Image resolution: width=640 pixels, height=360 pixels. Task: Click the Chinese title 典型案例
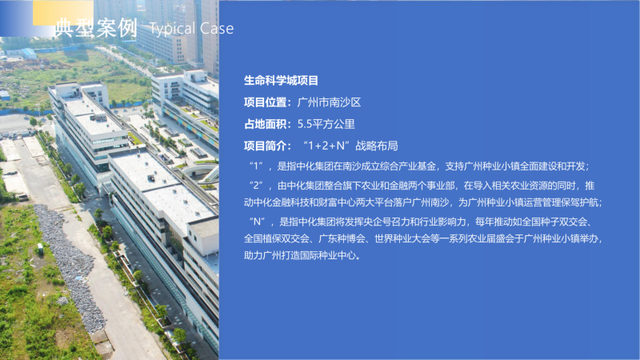click(96, 28)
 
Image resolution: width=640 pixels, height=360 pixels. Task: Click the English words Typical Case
click(191, 29)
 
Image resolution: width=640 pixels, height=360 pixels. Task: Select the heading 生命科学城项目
click(281, 81)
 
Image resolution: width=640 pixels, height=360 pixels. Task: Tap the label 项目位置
click(266, 102)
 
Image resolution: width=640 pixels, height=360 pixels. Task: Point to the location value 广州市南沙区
click(329, 102)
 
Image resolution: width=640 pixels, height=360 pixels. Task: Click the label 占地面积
click(266, 124)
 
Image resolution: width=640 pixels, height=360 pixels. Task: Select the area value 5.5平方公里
click(326, 124)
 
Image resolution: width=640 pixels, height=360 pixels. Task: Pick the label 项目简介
click(266, 146)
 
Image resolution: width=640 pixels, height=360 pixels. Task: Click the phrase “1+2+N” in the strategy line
click(327, 146)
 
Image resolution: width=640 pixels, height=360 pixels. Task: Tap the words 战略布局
click(377, 146)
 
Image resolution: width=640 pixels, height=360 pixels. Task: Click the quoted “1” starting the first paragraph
click(256, 166)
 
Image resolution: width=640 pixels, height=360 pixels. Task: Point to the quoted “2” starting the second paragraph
click(256, 186)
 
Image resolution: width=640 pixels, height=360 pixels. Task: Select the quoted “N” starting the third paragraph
click(257, 222)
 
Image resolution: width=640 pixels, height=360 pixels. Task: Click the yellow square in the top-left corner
click(63, 13)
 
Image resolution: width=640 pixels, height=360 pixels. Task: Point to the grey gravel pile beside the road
click(70, 265)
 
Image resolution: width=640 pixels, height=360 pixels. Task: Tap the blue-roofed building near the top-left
click(29, 53)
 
